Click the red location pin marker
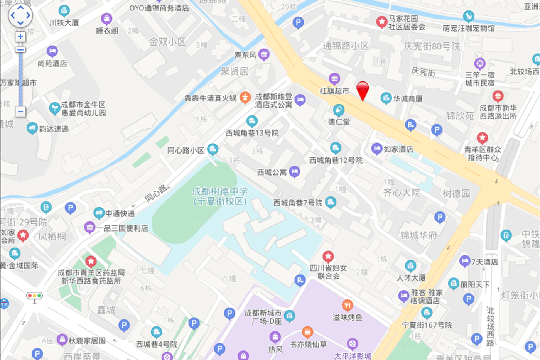point(362,90)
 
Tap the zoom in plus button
point(20,37)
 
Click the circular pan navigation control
point(20,16)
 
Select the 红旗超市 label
point(334,91)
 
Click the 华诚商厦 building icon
point(386,98)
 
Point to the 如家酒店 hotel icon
point(377,149)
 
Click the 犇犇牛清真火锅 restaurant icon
point(245,98)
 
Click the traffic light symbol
point(34,296)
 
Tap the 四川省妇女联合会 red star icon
point(328,256)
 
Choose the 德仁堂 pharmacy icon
point(339,110)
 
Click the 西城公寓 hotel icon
point(294,172)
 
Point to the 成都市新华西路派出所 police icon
point(498,96)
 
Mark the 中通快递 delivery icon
point(99,213)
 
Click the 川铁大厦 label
point(64,23)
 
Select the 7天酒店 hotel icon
point(465,262)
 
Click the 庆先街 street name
point(423,71)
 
